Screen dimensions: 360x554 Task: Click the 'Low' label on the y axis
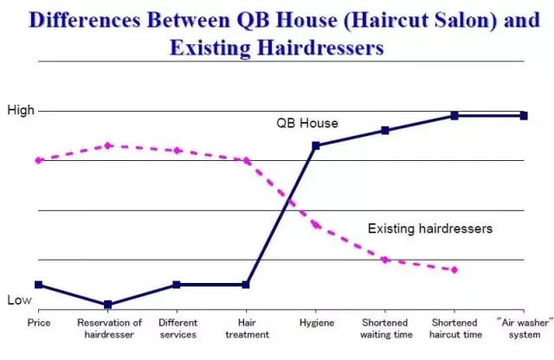pos(19,299)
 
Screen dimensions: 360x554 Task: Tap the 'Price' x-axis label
pos(38,322)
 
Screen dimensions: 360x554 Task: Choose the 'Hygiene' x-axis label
pos(316,322)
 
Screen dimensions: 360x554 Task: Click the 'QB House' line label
pos(307,124)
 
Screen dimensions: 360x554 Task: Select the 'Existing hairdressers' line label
pos(430,229)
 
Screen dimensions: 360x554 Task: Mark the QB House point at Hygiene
pos(316,145)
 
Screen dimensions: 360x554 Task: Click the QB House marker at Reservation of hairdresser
pos(108,305)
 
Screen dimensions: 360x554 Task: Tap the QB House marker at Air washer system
pos(524,115)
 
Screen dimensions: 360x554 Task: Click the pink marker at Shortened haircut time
pos(454,269)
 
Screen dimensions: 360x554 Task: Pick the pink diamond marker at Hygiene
pos(316,225)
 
